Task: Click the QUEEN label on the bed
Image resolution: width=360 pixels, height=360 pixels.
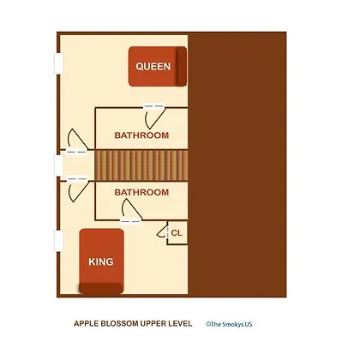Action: click(153, 66)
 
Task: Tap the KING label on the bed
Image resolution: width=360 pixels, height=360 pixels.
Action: click(101, 261)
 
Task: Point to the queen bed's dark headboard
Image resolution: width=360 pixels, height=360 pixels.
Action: click(181, 66)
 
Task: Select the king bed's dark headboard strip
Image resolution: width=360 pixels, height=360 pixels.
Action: click(101, 289)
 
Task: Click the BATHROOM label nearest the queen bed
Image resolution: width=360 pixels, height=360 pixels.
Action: click(141, 135)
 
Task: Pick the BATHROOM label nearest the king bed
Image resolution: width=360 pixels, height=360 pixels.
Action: click(141, 192)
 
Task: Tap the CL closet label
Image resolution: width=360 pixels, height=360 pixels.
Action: click(177, 233)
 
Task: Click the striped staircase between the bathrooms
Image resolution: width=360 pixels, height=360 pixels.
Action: click(141, 165)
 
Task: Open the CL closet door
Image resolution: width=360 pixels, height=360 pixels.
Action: click(162, 231)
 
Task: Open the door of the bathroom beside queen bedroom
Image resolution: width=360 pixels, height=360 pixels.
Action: click(154, 117)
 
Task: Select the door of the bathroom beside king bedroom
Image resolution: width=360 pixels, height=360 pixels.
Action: click(131, 210)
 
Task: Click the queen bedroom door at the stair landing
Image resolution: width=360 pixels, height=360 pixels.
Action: click(77, 141)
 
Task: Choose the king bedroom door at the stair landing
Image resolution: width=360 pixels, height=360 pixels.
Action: click(78, 189)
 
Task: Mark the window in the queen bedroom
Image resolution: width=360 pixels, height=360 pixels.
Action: click(59, 63)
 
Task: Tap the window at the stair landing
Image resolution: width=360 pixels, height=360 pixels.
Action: click(59, 165)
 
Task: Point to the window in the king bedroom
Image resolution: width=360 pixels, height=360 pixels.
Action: click(59, 241)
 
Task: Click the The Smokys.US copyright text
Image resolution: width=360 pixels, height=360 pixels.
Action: click(229, 324)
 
